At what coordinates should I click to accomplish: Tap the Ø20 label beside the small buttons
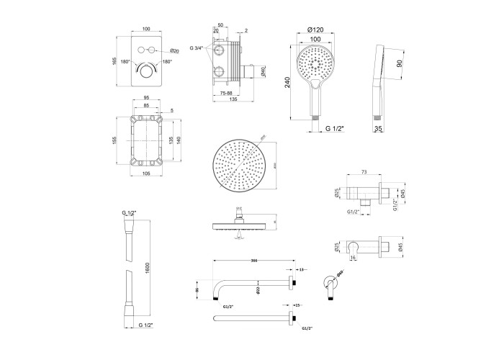[x=175, y=52]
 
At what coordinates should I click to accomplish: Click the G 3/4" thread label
[x=197, y=48]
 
